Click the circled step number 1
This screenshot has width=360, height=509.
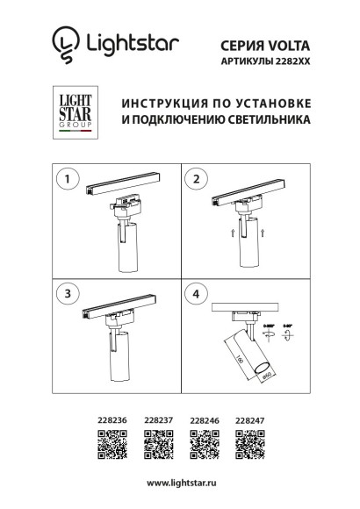pyautogui.click(x=64, y=179)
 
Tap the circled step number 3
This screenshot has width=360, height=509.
pyautogui.click(x=64, y=291)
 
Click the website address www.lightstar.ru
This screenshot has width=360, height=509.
pyautogui.click(x=181, y=484)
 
